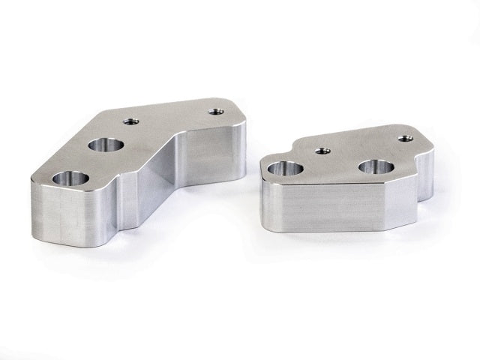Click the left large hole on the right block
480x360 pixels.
(x=283, y=172)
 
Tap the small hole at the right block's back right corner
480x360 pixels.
(x=406, y=138)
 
